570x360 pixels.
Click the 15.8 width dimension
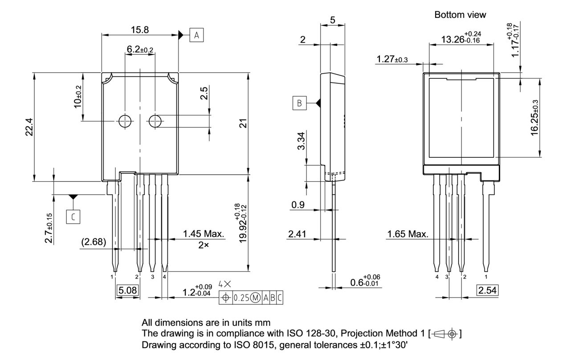(140, 29)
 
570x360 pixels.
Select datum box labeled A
(197, 35)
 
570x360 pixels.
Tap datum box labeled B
(300, 103)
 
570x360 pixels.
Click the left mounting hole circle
(125, 121)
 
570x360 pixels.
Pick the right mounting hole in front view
(155, 121)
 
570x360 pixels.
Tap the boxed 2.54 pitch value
(487, 291)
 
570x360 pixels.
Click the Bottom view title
(460, 15)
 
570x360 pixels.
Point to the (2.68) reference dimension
(94, 241)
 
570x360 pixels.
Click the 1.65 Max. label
(407, 234)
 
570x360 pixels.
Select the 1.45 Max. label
(204, 234)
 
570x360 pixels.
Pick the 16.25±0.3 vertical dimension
(535, 118)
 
